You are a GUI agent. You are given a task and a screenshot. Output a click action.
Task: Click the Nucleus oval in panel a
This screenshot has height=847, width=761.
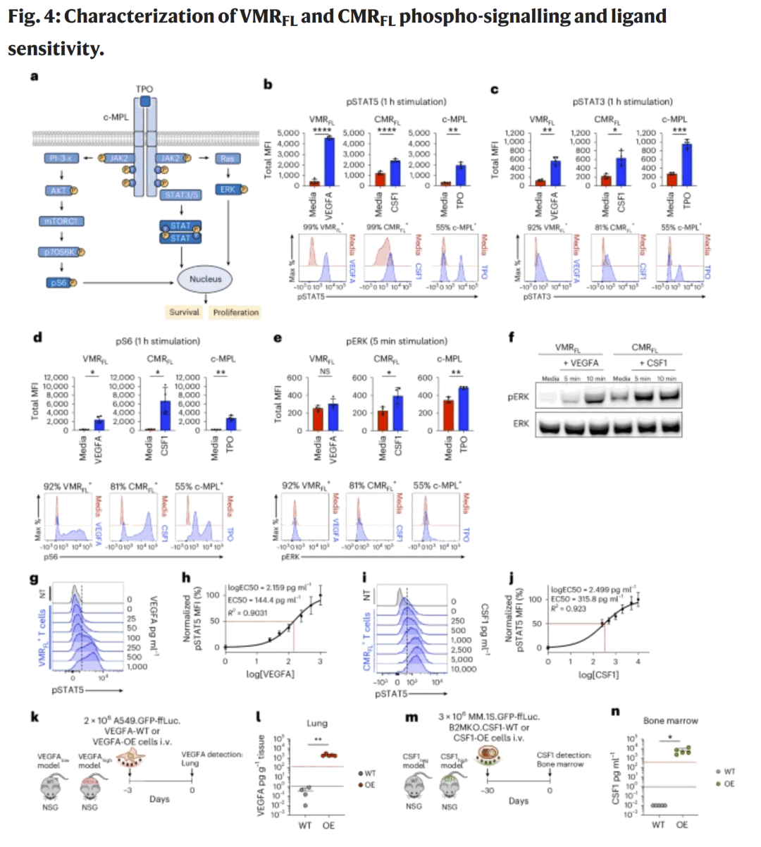(x=205, y=279)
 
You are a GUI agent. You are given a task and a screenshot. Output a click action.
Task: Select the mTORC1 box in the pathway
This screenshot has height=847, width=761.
(x=61, y=221)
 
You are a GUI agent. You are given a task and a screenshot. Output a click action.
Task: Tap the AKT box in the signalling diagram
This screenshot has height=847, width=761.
(x=58, y=190)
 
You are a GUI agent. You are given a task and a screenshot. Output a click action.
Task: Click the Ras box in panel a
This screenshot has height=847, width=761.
(x=227, y=159)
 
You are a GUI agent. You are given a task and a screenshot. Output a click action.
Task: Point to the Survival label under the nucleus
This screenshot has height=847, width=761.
(x=184, y=312)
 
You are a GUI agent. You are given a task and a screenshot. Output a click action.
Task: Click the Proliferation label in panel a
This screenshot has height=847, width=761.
(x=236, y=312)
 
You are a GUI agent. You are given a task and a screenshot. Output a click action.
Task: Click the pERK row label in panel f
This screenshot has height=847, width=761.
(x=518, y=397)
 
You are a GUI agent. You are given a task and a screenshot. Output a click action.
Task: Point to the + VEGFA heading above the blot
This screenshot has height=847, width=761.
(x=580, y=363)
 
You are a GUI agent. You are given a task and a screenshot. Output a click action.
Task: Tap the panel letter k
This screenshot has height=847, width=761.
(x=35, y=717)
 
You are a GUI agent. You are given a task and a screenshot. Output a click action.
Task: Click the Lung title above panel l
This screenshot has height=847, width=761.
(x=317, y=723)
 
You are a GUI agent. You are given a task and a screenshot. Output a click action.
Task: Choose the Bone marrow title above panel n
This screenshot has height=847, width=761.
(x=670, y=721)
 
